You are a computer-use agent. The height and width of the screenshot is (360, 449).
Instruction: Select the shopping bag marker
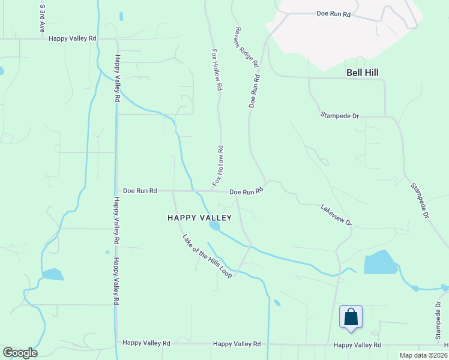[351, 317]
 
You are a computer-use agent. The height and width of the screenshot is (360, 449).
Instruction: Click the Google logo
[20, 353]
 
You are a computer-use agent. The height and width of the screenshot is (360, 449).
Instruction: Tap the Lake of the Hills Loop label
[207, 255]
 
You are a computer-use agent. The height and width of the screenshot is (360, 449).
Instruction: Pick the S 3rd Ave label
[42, 19]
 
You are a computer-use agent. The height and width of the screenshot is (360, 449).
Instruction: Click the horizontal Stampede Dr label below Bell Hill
[339, 115]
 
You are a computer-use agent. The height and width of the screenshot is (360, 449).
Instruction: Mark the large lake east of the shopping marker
[380, 263]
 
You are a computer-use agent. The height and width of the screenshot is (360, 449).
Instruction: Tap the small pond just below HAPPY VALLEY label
[214, 226]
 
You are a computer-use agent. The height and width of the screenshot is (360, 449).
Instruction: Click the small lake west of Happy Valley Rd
[53, 274]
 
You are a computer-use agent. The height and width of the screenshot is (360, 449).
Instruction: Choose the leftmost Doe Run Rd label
[140, 191]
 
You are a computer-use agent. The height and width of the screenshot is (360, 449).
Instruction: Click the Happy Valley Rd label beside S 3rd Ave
[73, 38]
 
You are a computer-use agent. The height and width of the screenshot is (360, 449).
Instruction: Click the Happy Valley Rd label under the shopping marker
[357, 345]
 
